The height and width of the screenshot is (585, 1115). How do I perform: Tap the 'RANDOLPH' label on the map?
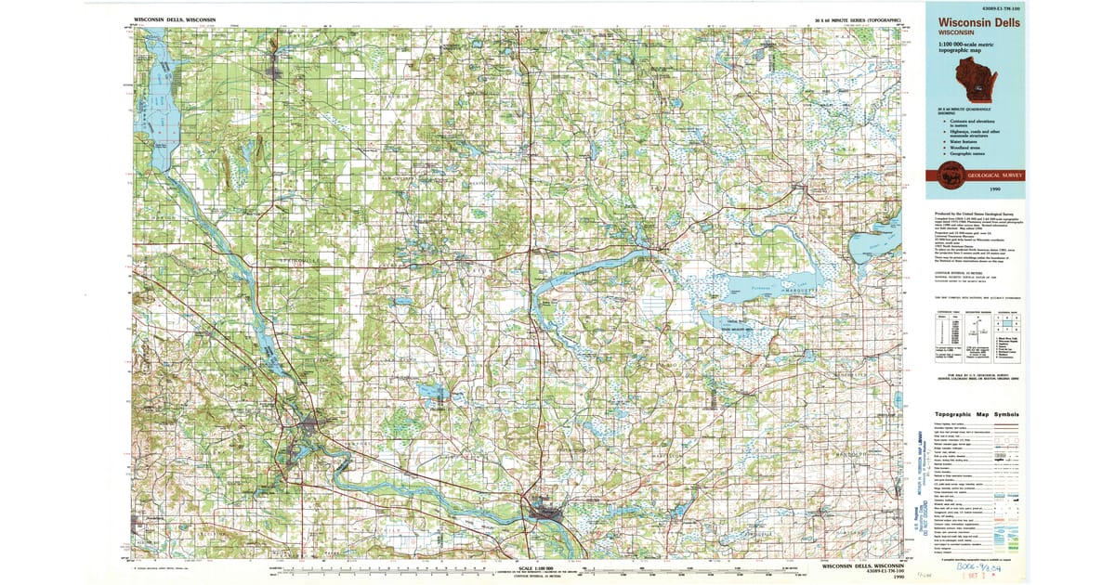pos(854,453)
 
